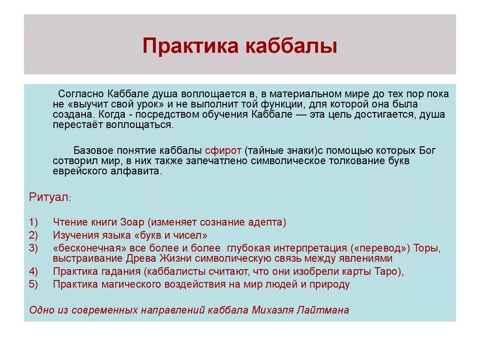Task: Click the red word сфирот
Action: coord(223,150)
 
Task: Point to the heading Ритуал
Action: coord(49,196)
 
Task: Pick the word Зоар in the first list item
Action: coord(135,222)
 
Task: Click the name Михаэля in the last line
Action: coord(271,310)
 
